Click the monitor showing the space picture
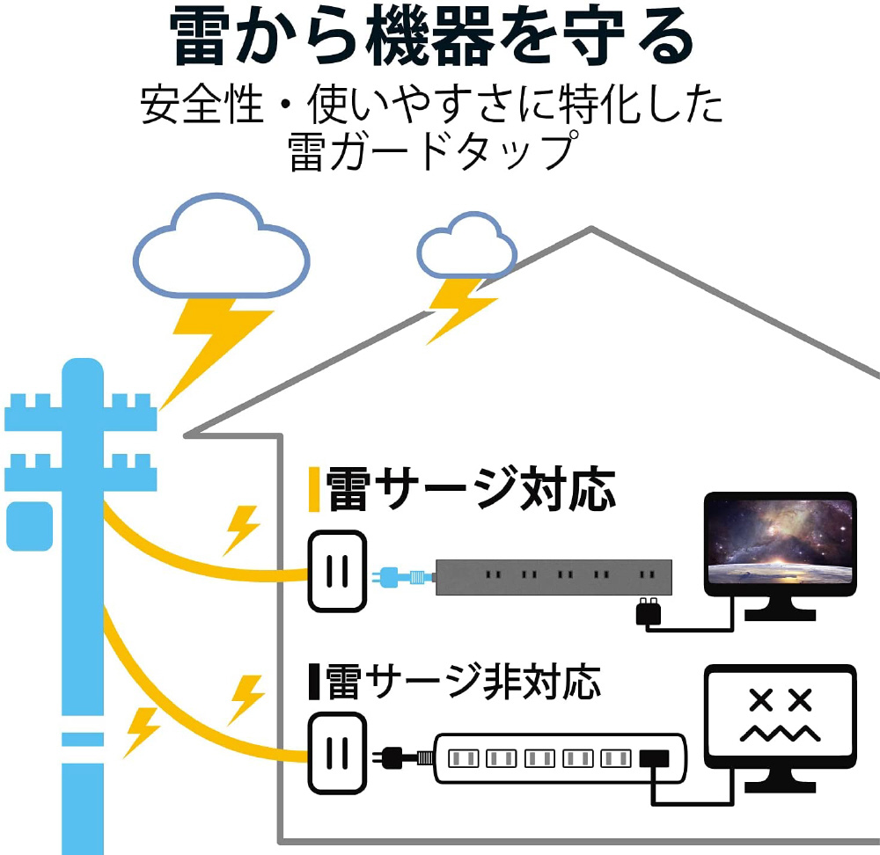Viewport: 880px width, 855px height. click(781, 544)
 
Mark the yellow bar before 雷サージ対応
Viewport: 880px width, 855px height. click(313, 490)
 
